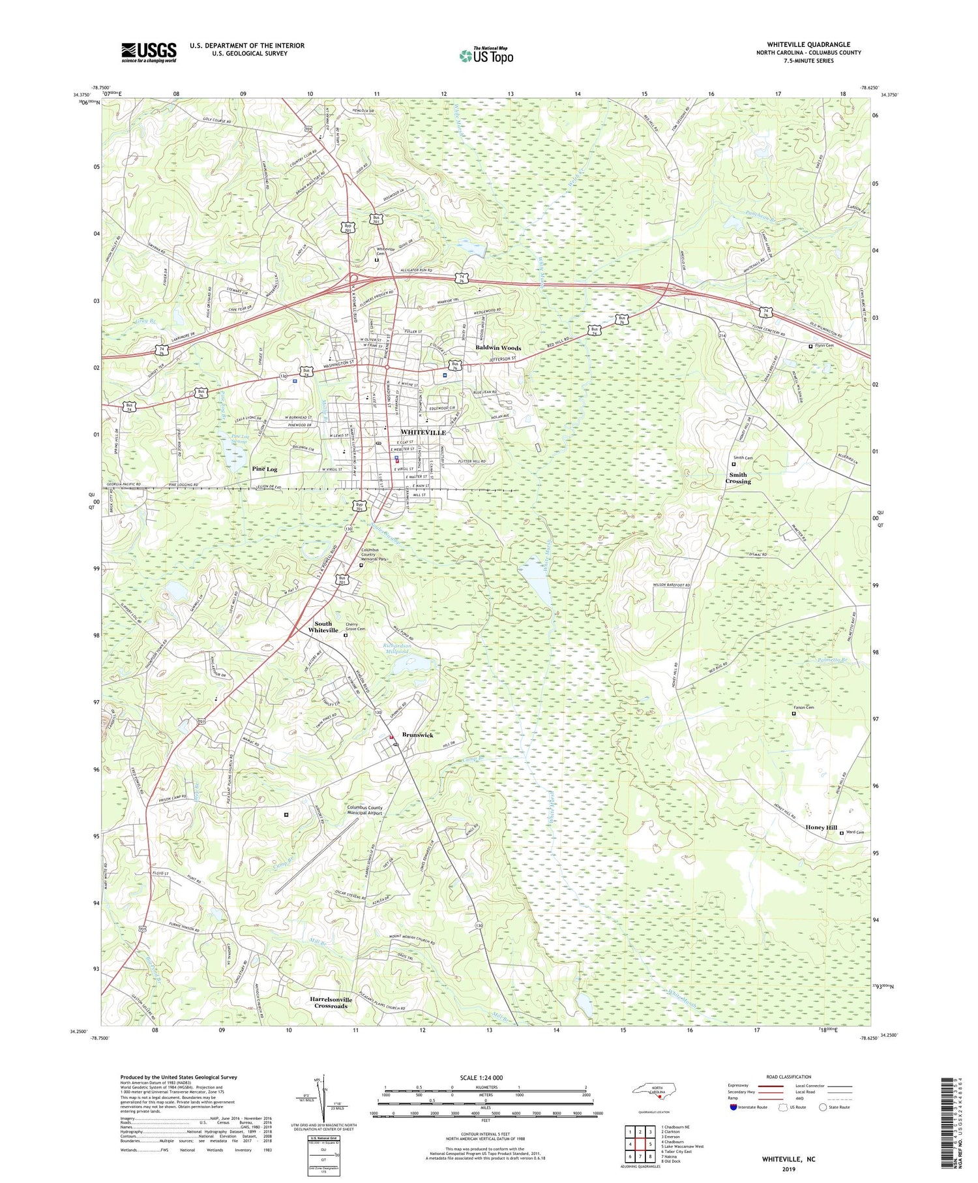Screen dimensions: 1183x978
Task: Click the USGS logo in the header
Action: pyautogui.click(x=149, y=52)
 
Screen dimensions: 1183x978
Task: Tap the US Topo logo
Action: pyautogui.click(x=486, y=56)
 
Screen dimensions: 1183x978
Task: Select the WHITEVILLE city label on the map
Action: pyautogui.click(x=422, y=433)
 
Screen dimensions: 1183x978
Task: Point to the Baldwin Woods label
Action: pyautogui.click(x=498, y=348)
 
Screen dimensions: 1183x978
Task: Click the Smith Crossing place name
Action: pyautogui.click(x=738, y=478)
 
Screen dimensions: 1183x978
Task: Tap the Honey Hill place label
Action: pyautogui.click(x=821, y=827)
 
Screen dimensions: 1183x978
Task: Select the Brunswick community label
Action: pyautogui.click(x=418, y=735)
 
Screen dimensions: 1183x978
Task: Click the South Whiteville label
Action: pyautogui.click(x=323, y=627)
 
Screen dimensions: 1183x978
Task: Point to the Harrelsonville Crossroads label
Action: pyautogui.click(x=331, y=1002)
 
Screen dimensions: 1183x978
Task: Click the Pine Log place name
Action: pyautogui.click(x=264, y=469)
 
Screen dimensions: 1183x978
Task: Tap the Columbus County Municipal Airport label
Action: pyautogui.click(x=364, y=810)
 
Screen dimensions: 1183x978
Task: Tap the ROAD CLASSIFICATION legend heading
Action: pyautogui.click(x=789, y=1077)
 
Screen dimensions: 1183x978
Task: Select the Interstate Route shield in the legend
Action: pyautogui.click(x=733, y=1107)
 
